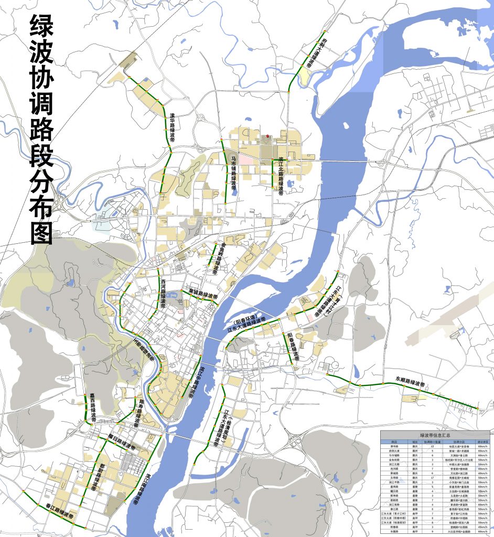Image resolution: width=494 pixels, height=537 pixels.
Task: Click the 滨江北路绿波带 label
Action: (281, 176)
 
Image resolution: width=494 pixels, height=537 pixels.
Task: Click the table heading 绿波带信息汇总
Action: (435, 435)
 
